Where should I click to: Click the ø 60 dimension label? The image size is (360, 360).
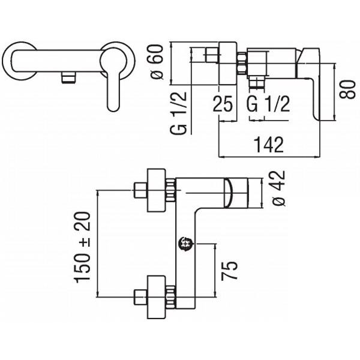[x=157, y=62]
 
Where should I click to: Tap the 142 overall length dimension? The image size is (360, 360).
[x=269, y=145]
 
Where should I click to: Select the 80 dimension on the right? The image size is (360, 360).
[x=348, y=89]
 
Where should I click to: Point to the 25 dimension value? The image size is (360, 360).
[x=223, y=104]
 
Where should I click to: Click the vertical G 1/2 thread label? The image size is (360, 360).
[x=178, y=113]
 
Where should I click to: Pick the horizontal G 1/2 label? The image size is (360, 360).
[x=268, y=104]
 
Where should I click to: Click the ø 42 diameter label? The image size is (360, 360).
[x=278, y=188]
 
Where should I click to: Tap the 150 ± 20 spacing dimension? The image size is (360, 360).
[x=82, y=247]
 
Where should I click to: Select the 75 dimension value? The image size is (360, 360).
[x=229, y=271]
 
